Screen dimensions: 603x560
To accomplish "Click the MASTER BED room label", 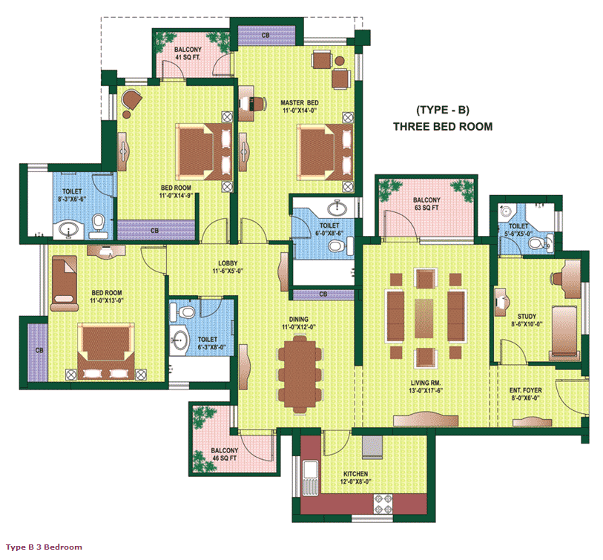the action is click(x=299, y=107).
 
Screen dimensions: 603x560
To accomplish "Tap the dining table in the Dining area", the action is click(x=300, y=375).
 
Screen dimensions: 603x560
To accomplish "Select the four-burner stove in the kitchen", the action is click(x=383, y=504).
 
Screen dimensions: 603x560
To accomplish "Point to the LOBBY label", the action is click(x=228, y=267).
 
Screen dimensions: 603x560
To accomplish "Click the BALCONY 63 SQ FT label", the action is click(x=426, y=204).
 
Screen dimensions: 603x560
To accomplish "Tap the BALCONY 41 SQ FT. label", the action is click(x=188, y=53).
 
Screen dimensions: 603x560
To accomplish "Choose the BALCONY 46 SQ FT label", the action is click(x=224, y=454).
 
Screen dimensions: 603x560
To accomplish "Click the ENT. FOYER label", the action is click(x=526, y=394).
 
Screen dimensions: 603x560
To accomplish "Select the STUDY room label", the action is click(x=527, y=320).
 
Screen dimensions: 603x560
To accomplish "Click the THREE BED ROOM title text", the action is click(x=443, y=127).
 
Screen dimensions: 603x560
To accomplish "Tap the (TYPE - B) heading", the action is click(x=443, y=110).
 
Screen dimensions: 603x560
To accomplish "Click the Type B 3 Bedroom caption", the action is click(x=44, y=547).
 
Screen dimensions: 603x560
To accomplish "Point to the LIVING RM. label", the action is click(x=426, y=386).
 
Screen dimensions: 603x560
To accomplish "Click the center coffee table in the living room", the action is click(x=424, y=318).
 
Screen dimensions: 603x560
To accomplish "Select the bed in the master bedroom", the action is click(x=326, y=151).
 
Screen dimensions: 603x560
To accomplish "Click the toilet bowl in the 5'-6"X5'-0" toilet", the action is click(x=536, y=243).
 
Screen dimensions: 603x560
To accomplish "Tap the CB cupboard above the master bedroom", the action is click(x=266, y=36).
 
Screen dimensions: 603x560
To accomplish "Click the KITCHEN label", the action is click(x=356, y=478).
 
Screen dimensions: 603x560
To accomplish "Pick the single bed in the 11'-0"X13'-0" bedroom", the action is click(x=65, y=283).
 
